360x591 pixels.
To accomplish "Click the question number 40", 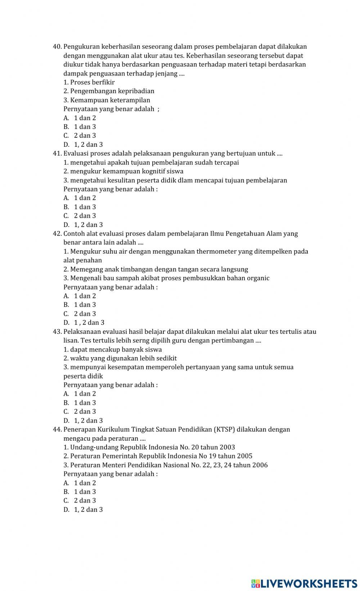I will point(57,47).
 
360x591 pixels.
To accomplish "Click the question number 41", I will point(57,154).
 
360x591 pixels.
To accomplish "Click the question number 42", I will point(57,234).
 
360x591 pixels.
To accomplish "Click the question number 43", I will point(57,332).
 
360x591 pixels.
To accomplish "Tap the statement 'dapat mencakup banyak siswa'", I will point(116,349).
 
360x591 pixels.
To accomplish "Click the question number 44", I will point(57,429).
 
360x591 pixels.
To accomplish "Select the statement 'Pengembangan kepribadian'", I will point(112,91).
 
